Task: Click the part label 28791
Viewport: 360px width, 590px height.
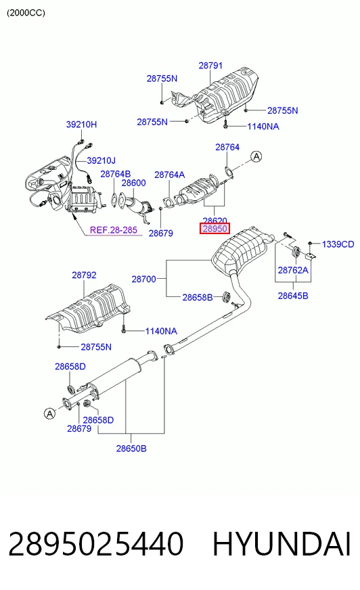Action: pos(210,66)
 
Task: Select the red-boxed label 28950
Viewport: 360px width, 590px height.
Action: pos(215,229)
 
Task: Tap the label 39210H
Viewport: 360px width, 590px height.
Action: pos(81,124)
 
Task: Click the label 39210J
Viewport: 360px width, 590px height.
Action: pos(102,160)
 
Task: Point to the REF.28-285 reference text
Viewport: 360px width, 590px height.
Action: pos(114,230)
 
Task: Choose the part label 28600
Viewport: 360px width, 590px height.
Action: pos(133,183)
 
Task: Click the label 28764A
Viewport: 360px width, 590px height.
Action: pos(170,175)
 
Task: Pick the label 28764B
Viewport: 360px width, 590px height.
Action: pos(116,174)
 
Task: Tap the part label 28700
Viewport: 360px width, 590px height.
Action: pos(143,279)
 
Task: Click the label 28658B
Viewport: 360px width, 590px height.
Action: pos(198,297)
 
